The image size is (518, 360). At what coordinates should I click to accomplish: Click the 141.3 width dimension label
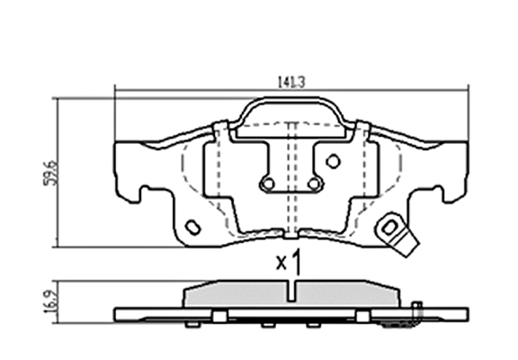pyautogui.click(x=291, y=82)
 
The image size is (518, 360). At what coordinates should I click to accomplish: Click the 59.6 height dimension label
pyautogui.click(x=51, y=173)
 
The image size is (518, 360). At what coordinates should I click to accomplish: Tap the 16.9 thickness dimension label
pyautogui.click(x=51, y=302)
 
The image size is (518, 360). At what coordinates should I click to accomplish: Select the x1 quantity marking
pyautogui.click(x=289, y=262)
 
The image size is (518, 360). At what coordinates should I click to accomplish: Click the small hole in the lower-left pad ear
pyautogui.click(x=193, y=228)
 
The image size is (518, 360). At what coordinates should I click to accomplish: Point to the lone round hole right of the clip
pyautogui.click(x=333, y=161)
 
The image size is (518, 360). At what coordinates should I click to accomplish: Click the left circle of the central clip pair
pyautogui.click(x=268, y=184)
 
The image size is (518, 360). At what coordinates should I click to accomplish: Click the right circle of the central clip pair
pyautogui.click(x=314, y=184)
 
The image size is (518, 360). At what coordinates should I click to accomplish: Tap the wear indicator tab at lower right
pyautogui.click(x=397, y=234)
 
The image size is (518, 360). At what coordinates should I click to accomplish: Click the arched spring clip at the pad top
pyautogui.click(x=290, y=99)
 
